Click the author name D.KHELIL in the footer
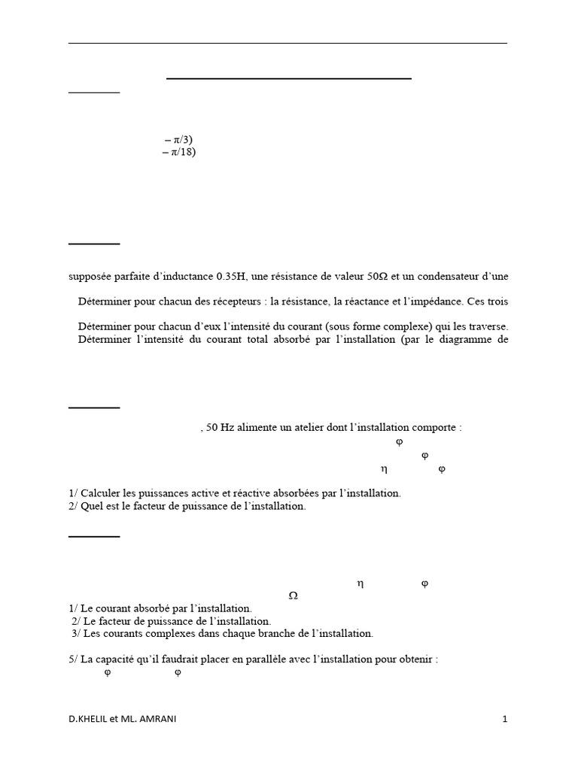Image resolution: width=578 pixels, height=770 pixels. click(89, 720)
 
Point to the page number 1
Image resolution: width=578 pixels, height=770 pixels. click(505, 720)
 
